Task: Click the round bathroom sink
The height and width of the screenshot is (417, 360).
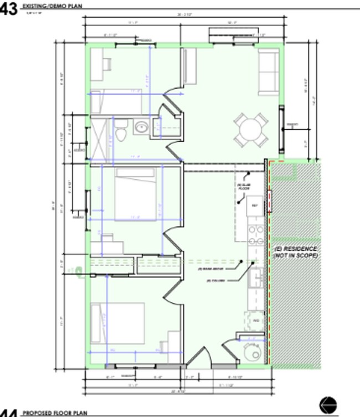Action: point(141,127)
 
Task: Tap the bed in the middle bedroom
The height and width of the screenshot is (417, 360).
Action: point(136,194)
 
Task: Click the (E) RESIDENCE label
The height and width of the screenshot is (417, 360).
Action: point(295,249)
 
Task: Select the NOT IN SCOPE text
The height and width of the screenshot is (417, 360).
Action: point(296,256)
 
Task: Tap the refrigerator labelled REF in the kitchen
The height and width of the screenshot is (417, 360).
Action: point(255,205)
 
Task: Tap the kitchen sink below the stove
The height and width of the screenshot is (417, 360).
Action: point(256,277)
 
